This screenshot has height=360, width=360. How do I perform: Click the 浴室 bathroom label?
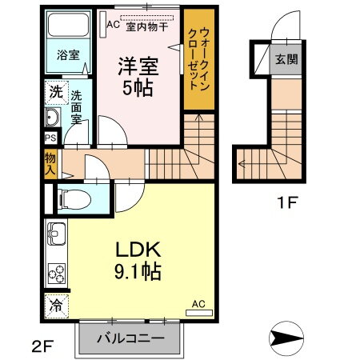coord(68,55)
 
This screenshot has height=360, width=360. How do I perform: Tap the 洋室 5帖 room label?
coord(139,77)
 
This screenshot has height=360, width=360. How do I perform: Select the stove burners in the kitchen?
coord(57,274)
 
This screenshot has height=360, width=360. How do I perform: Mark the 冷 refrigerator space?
coord(57,305)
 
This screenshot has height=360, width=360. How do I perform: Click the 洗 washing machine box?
coord(54,91)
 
